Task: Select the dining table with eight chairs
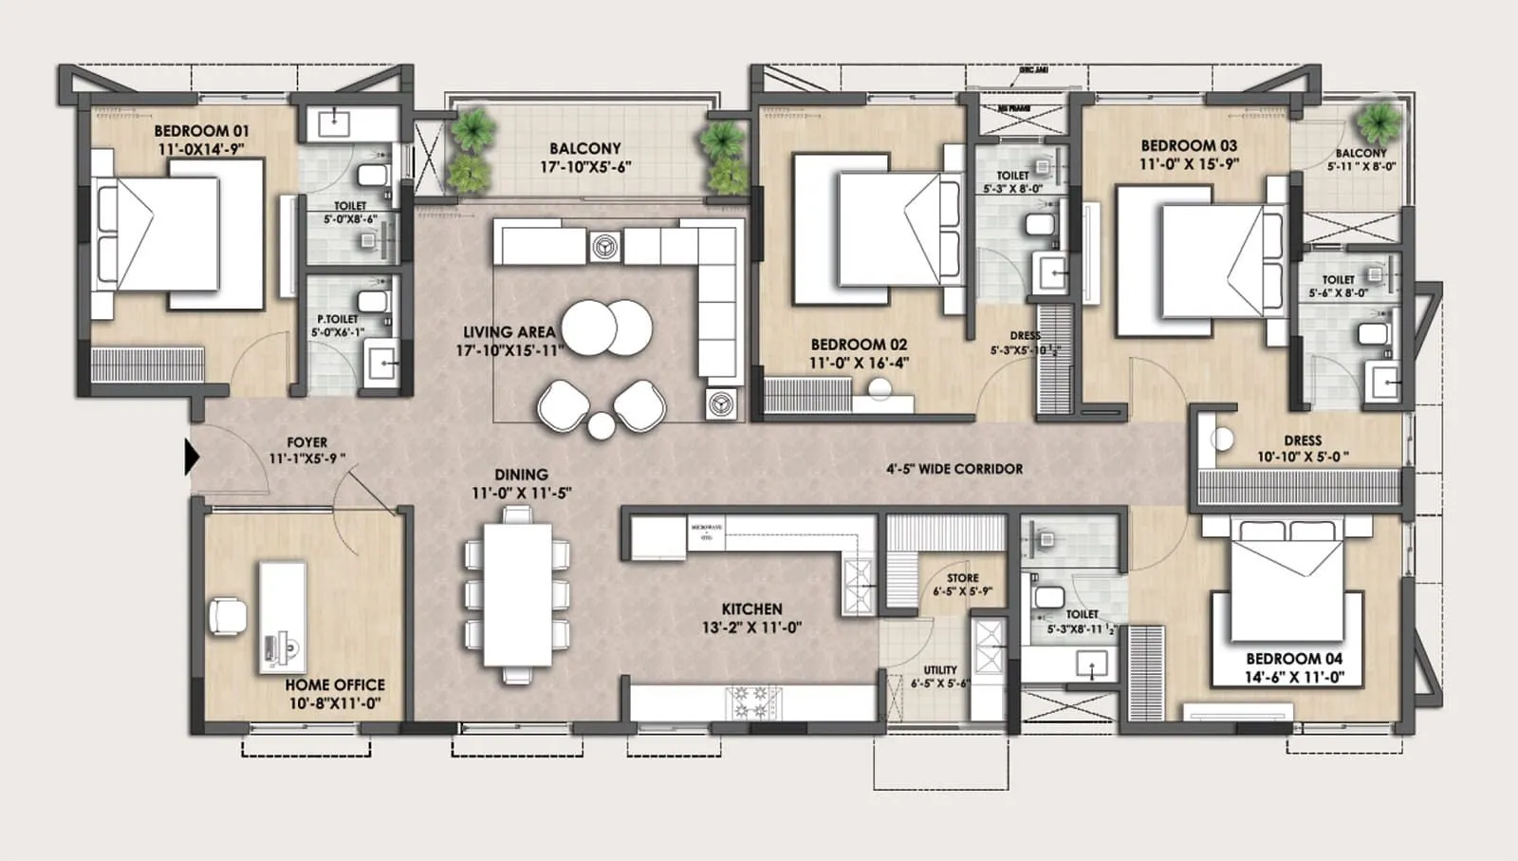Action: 517,596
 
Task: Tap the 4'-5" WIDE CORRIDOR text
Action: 954,469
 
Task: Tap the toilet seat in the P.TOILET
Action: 375,303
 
